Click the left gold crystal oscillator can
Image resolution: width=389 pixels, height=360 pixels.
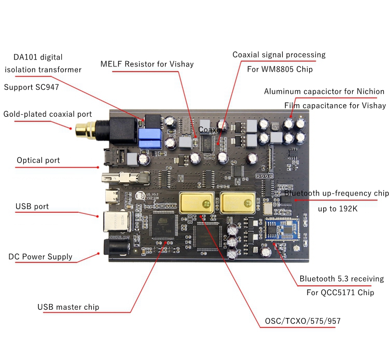[197, 203]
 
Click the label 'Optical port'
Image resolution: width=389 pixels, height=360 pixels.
[38, 160]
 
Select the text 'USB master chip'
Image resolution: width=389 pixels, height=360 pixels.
[68, 307]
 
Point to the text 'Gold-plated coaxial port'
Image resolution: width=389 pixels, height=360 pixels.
[48, 114]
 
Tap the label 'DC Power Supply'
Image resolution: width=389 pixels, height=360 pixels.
[40, 257]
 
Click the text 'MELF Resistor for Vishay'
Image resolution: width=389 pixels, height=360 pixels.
[147, 64]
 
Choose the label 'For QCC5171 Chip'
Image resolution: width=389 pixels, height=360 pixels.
[340, 293]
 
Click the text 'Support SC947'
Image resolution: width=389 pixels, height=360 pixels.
[31, 87]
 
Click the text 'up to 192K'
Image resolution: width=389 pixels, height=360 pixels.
[339, 209]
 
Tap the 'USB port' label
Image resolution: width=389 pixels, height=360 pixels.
[32, 206]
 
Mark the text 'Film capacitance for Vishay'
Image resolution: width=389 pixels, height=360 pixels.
[335, 105]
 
